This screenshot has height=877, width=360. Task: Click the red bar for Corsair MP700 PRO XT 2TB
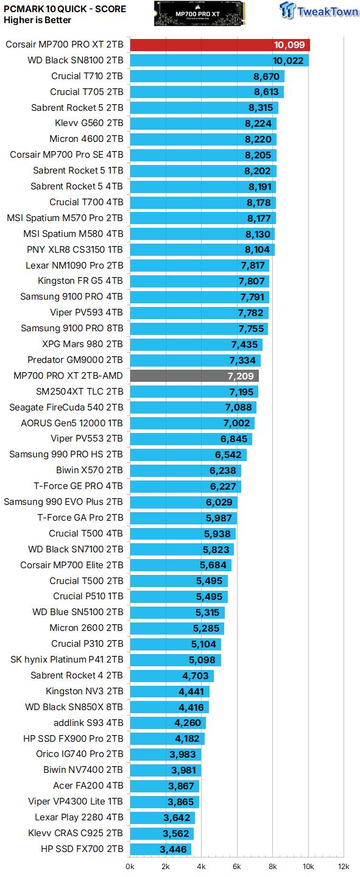219,45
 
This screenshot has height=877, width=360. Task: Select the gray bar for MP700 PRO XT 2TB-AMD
194,376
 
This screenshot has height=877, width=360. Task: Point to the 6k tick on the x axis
237,866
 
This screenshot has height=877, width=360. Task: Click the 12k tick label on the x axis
344,866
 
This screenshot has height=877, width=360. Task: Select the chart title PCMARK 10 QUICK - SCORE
65,9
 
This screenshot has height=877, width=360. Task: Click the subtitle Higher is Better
37,20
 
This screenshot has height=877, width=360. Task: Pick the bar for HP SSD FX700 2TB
160,849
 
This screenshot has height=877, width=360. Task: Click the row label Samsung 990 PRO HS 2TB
66,454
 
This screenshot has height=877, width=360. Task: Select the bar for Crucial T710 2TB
206,76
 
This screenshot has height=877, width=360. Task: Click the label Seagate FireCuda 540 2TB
66,407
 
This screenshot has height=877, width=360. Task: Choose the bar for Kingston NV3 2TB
169,691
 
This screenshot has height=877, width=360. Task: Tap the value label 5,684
213,565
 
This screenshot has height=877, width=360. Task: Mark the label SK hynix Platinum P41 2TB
66,660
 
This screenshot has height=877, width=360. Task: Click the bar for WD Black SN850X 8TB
169,707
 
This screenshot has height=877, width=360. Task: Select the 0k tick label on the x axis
130,866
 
